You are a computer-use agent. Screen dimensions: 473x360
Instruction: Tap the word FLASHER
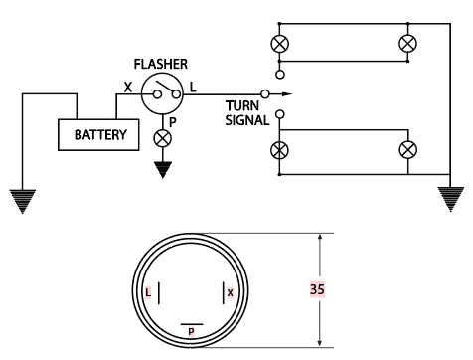coord(161,64)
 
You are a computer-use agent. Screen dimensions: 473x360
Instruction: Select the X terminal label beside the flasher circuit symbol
coord(128,88)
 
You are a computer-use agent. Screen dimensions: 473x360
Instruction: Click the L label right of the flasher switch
coord(193,88)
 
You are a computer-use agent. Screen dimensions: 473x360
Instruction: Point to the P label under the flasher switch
coord(172,122)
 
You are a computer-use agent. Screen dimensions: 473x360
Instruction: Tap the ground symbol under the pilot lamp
coord(163,170)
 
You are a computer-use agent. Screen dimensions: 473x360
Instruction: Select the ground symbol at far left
coord(23,202)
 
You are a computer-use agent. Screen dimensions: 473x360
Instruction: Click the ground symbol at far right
coord(450,199)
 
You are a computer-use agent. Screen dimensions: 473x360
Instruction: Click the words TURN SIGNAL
coord(247,113)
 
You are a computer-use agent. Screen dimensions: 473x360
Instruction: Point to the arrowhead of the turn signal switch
coord(287,94)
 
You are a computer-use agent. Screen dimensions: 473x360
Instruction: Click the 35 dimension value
coord(317,289)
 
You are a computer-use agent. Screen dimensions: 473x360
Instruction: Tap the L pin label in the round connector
coord(148,292)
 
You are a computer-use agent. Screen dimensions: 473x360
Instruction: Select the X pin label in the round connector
coord(231,292)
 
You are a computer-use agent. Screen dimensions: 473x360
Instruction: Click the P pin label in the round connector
coord(191,332)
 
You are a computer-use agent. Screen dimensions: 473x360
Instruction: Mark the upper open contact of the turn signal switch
coord(280,75)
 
